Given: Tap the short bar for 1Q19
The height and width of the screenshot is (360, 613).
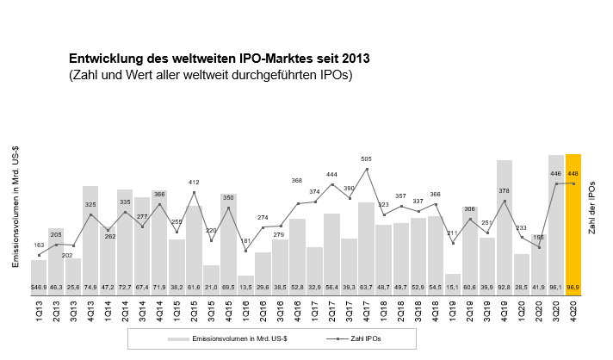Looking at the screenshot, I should point(453,282).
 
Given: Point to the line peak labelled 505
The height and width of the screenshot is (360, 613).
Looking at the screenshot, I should point(367,169).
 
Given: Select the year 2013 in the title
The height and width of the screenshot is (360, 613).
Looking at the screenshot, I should point(356,59).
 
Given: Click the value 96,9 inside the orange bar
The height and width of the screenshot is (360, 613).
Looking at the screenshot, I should point(573,286).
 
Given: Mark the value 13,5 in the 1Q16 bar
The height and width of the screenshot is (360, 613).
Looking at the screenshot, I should point(246,286).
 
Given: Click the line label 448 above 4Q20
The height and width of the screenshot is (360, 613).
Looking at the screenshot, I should point(573,173).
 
